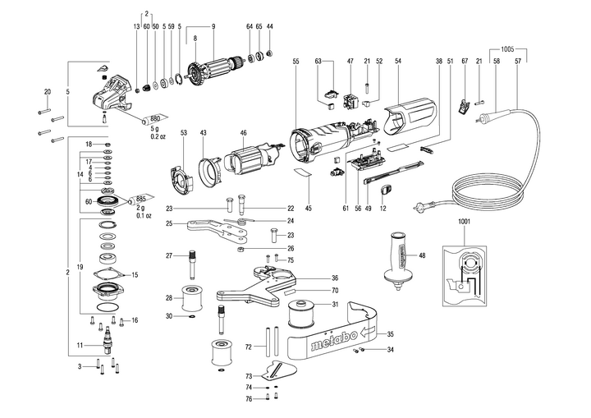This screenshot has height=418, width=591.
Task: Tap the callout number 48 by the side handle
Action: pos(422,255)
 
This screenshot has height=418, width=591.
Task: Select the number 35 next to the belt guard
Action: pos(390,333)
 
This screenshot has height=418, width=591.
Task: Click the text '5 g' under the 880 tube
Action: pos(153,128)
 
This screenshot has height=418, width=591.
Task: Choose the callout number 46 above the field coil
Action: pos(243,132)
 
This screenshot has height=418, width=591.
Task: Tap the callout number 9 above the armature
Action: pos(213,26)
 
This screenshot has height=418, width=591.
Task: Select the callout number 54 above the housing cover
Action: pos(397,62)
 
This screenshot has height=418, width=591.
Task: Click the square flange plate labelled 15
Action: pos(108,273)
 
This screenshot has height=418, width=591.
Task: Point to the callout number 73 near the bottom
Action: pos(250,375)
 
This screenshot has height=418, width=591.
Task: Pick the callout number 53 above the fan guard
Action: pos(184,132)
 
